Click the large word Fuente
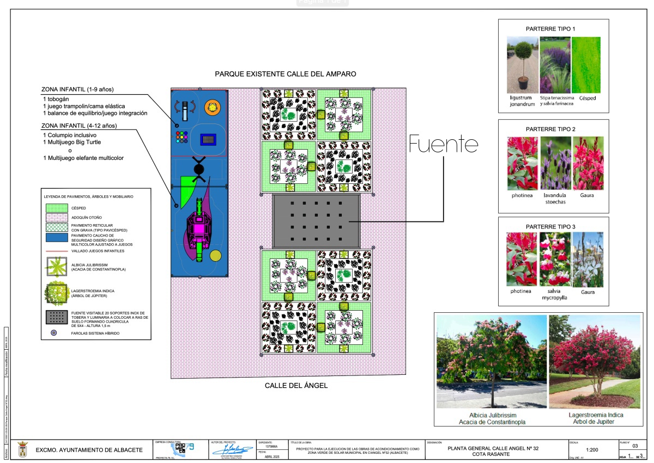[444, 145]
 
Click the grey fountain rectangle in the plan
[316, 221]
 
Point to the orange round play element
[213, 107]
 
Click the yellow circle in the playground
[216, 256]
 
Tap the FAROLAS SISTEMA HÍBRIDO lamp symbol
[54, 333]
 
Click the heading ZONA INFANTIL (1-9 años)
[81, 89]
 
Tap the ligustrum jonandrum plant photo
[522, 65]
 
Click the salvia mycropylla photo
[555, 259]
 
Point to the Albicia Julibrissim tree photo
[492, 362]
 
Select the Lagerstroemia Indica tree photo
[596, 362]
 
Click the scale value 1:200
[591, 450]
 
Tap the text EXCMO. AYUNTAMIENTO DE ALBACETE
[89, 450]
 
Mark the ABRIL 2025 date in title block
[271, 457]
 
